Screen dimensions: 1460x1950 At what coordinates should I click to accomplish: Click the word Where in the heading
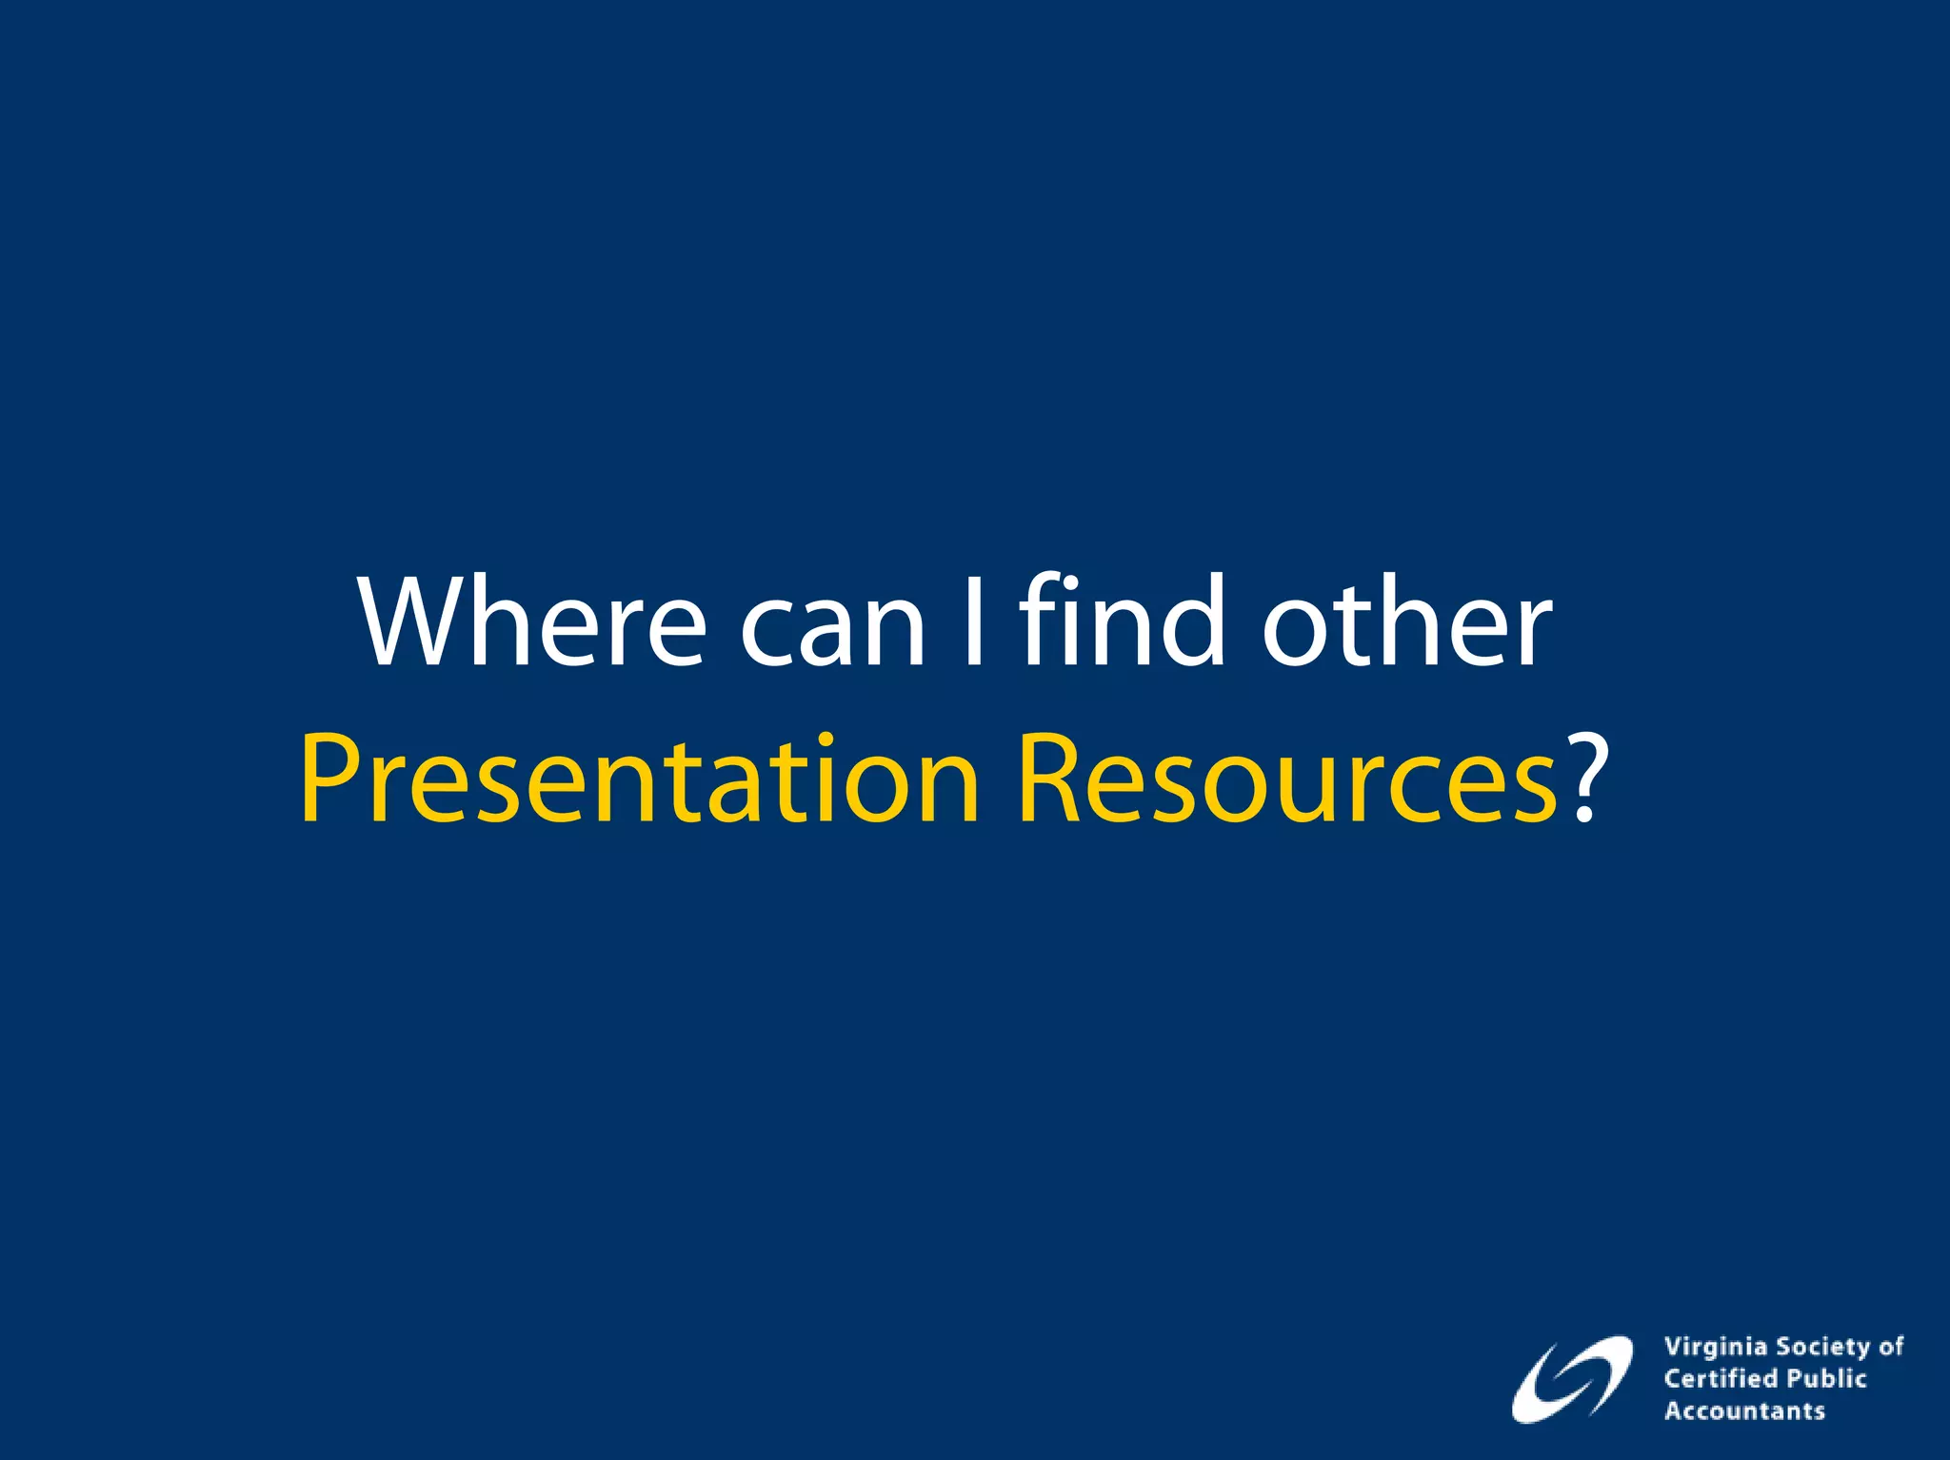533,623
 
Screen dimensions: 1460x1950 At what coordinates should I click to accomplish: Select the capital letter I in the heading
972,623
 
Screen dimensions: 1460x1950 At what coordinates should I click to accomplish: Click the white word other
1406,623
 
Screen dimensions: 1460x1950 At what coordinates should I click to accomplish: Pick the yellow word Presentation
639,780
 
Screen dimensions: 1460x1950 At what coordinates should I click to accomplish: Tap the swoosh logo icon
1571,1380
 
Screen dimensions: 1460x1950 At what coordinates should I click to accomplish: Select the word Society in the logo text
1823,1348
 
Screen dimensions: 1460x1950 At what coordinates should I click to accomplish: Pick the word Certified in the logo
1721,1378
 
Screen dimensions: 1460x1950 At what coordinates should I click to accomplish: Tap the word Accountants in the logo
1744,1411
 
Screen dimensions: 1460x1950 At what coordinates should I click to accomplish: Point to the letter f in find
1041,619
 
